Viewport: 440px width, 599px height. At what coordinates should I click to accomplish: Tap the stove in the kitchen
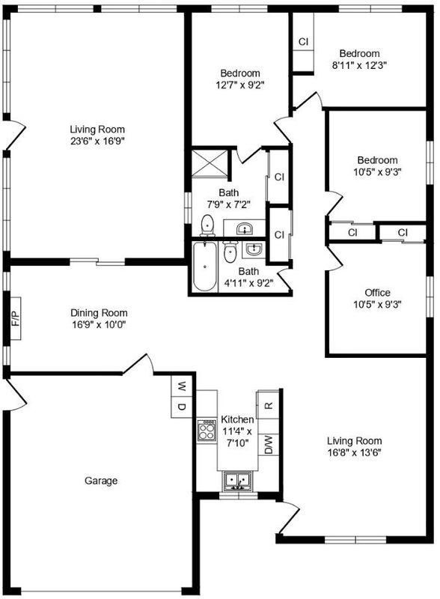pyautogui.click(x=207, y=431)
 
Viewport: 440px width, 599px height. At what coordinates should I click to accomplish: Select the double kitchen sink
pyautogui.click(x=237, y=481)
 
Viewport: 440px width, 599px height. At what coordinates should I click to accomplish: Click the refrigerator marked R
pyautogui.click(x=269, y=404)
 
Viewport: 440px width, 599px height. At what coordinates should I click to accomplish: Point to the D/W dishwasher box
pyautogui.click(x=269, y=445)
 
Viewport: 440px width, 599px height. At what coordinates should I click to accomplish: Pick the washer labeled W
pyautogui.click(x=181, y=386)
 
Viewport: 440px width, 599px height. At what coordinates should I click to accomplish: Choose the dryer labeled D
pyautogui.click(x=181, y=407)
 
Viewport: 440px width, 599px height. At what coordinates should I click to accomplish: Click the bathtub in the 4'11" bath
pyautogui.click(x=205, y=267)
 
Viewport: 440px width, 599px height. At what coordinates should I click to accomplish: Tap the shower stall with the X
pyautogui.click(x=209, y=163)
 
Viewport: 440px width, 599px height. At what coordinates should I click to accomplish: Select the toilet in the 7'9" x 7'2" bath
pyautogui.click(x=207, y=225)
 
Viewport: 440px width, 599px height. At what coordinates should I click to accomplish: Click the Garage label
pyautogui.click(x=101, y=481)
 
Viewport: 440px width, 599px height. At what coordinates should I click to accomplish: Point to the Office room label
pyautogui.click(x=377, y=293)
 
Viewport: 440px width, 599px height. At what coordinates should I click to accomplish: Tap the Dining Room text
pyautogui.click(x=99, y=313)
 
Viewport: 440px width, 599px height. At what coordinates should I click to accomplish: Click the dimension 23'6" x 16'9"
pyautogui.click(x=98, y=142)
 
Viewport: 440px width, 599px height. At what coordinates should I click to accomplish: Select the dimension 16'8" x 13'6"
pyautogui.click(x=355, y=453)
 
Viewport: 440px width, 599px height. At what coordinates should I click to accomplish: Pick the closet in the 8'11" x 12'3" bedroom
pyautogui.click(x=303, y=42)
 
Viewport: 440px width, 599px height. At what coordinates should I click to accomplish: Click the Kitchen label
pyautogui.click(x=237, y=419)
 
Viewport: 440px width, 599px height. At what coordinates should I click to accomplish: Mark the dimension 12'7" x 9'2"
pyautogui.click(x=240, y=85)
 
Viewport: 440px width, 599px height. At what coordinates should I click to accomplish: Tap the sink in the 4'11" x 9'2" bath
pyautogui.click(x=253, y=249)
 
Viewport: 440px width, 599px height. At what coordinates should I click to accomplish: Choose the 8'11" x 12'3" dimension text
pyautogui.click(x=359, y=65)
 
